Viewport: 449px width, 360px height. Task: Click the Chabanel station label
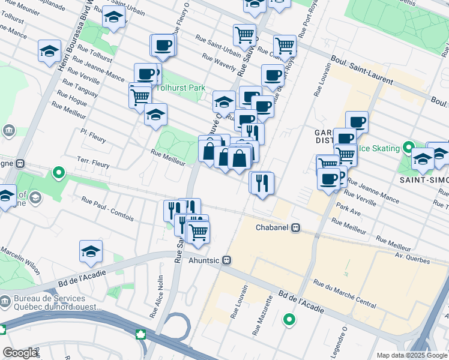tap(273, 228)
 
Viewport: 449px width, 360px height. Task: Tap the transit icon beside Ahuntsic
tap(226, 260)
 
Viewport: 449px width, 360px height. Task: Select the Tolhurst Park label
tap(181, 88)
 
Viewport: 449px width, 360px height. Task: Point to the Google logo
tap(20, 353)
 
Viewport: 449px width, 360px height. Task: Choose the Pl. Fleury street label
tap(93, 136)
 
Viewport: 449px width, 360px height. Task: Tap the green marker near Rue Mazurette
tap(289, 320)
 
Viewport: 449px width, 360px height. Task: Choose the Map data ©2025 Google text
tap(412, 355)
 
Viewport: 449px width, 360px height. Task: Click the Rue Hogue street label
tap(72, 98)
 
